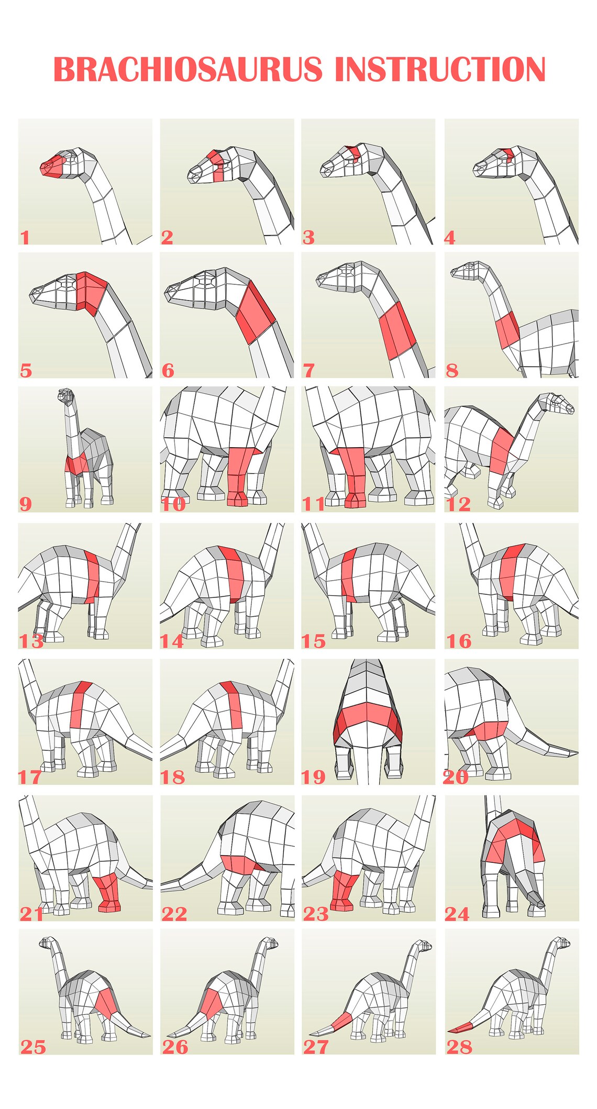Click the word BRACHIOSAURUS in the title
[187, 70]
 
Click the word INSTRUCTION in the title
[440, 70]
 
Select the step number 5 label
[26, 371]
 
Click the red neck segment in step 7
[396, 329]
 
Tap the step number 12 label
[458, 504]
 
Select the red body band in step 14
[233, 573]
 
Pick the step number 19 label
[313, 777]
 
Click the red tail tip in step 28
[461, 1029]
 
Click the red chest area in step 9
[76, 464]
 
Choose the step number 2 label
[167, 237]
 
